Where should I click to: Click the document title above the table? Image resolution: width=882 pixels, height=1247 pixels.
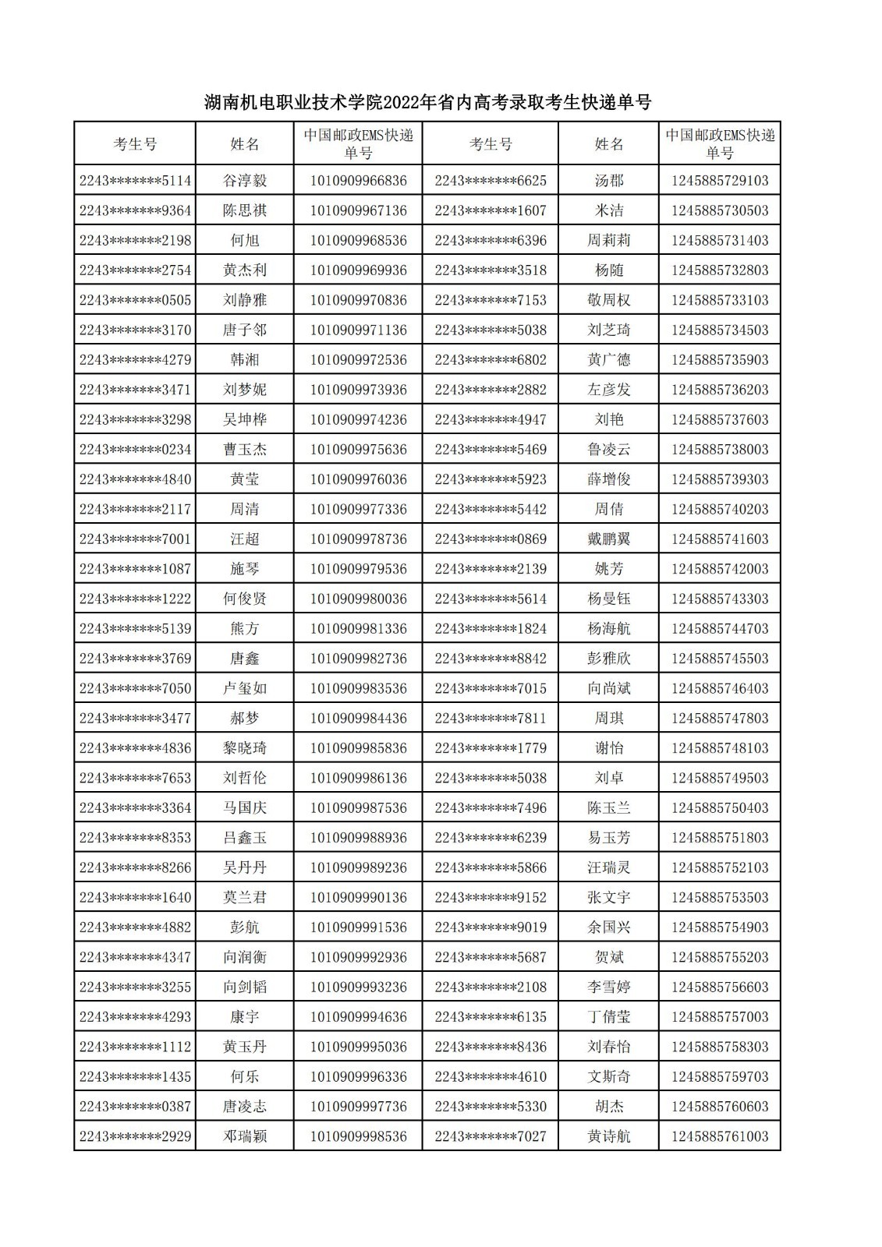point(427,103)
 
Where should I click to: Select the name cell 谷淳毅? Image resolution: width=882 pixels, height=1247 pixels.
point(245,181)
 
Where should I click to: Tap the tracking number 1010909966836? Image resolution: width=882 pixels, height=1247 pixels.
point(358,181)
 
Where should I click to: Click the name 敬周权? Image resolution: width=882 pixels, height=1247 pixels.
point(608,300)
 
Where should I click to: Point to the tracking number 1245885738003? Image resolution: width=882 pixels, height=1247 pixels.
point(719,450)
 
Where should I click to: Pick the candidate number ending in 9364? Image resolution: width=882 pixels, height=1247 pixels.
point(135,210)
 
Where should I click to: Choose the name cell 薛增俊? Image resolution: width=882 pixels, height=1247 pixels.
point(608,479)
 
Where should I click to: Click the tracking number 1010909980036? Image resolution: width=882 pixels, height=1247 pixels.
point(358,599)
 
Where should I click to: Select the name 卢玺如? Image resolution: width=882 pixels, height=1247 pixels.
point(245,688)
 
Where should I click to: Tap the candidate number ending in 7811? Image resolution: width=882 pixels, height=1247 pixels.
point(491,718)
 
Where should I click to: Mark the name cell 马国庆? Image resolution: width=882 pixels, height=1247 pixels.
point(245,807)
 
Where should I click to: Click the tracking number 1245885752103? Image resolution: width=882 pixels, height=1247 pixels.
point(719,867)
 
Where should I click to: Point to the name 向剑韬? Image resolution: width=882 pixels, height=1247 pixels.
point(245,987)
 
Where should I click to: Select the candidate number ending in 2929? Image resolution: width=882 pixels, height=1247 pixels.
point(135,1136)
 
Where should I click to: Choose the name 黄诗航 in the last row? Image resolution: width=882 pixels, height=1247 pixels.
point(608,1136)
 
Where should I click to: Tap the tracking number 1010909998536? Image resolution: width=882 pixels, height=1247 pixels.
point(358,1136)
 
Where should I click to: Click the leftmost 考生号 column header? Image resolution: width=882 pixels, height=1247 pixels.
point(135,144)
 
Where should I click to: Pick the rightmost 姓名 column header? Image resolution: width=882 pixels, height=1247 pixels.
point(608,144)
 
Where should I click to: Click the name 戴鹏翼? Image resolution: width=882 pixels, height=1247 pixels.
point(608,539)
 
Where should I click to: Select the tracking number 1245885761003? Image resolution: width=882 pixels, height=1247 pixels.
point(719,1136)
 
